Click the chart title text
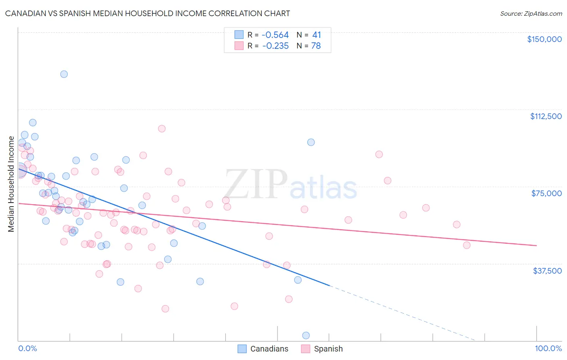pyautogui.click(x=148, y=13)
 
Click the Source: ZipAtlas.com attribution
pyautogui.click(x=531, y=13)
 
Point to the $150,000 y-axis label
pyautogui.click(x=544, y=39)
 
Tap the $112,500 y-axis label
pyautogui.click(x=546, y=116)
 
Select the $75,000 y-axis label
pyautogui.click(x=546, y=193)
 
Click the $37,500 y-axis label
pyautogui.click(x=547, y=271)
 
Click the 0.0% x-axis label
pyautogui.click(x=27, y=348)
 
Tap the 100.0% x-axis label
pyautogui.click(x=548, y=348)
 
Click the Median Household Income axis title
pyautogui.click(x=11, y=184)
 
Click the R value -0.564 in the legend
pyautogui.click(x=275, y=35)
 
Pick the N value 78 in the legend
pyautogui.click(x=316, y=46)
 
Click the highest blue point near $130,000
pyautogui.click(x=64, y=74)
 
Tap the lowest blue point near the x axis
pyautogui.click(x=306, y=335)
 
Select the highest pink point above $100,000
pyautogui.click(x=162, y=129)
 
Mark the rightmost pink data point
pyautogui.click(x=467, y=245)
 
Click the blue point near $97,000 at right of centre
pyautogui.click(x=311, y=142)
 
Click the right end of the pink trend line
pyautogui.click(x=536, y=245)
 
